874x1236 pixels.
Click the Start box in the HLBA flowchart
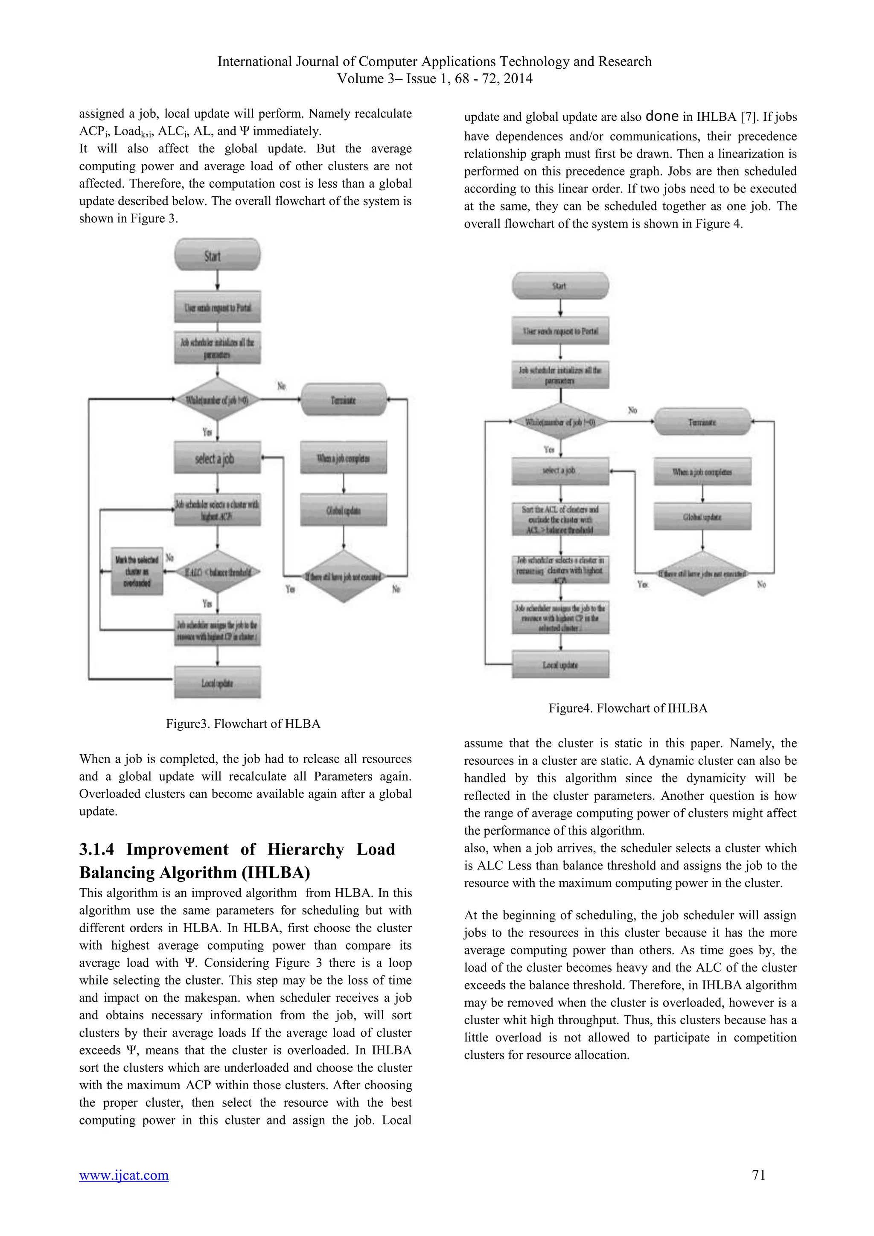point(217,255)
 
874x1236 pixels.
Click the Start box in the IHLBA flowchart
point(560,286)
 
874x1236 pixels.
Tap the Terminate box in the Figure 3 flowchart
point(344,399)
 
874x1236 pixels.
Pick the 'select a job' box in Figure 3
point(217,458)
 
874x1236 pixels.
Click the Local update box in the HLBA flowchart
point(217,682)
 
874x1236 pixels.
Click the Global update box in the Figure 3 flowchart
point(344,510)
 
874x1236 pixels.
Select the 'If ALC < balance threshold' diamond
point(217,572)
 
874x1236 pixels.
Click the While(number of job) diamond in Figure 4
point(560,422)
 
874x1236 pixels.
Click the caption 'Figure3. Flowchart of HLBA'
point(243,723)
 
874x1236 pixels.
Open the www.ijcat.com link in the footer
point(124,1175)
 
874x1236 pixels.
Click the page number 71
point(758,1175)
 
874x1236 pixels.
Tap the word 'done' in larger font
point(661,116)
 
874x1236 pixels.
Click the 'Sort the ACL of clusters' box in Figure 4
point(560,519)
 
